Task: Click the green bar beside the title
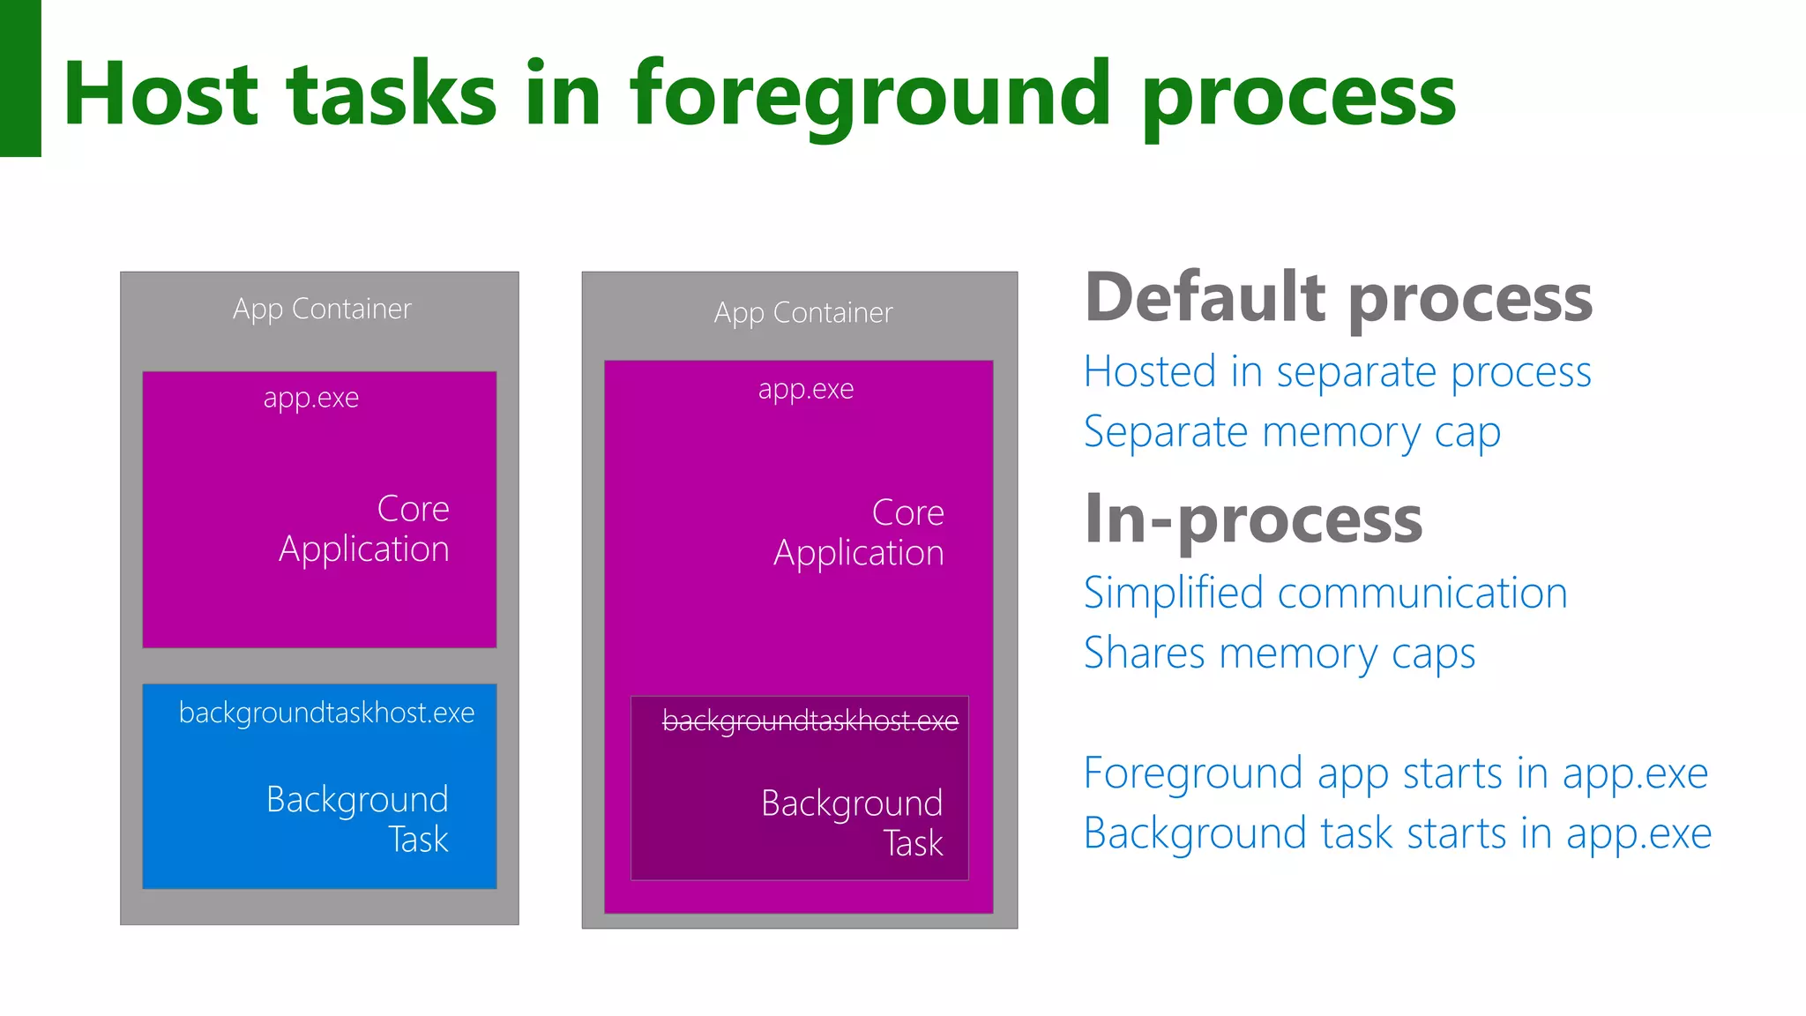pyautogui.click(x=20, y=78)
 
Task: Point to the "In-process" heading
pyautogui.click(x=1253, y=520)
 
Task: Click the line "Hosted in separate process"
pyautogui.click(x=1337, y=372)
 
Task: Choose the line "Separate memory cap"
pyautogui.click(x=1292, y=433)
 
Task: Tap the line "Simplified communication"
pyautogui.click(x=1325, y=593)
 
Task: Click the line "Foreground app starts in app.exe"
pyautogui.click(x=1396, y=773)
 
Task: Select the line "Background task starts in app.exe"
pyautogui.click(x=1398, y=833)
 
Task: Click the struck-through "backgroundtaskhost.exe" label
pyautogui.click(x=810, y=721)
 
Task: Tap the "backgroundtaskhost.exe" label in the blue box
pyautogui.click(x=326, y=713)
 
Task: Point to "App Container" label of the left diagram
pyautogui.click(x=322, y=310)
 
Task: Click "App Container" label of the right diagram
pyautogui.click(x=803, y=313)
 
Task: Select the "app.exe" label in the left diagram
pyautogui.click(x=310, y=398)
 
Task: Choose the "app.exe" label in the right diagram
pyautogui.click(x=806, y=389)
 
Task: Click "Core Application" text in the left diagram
pyautogui.click(x=364, y=529)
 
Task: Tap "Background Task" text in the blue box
pyautogui.click(x=358, y=819)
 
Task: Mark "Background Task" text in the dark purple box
pyautogui.click(x=853, y=823)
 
